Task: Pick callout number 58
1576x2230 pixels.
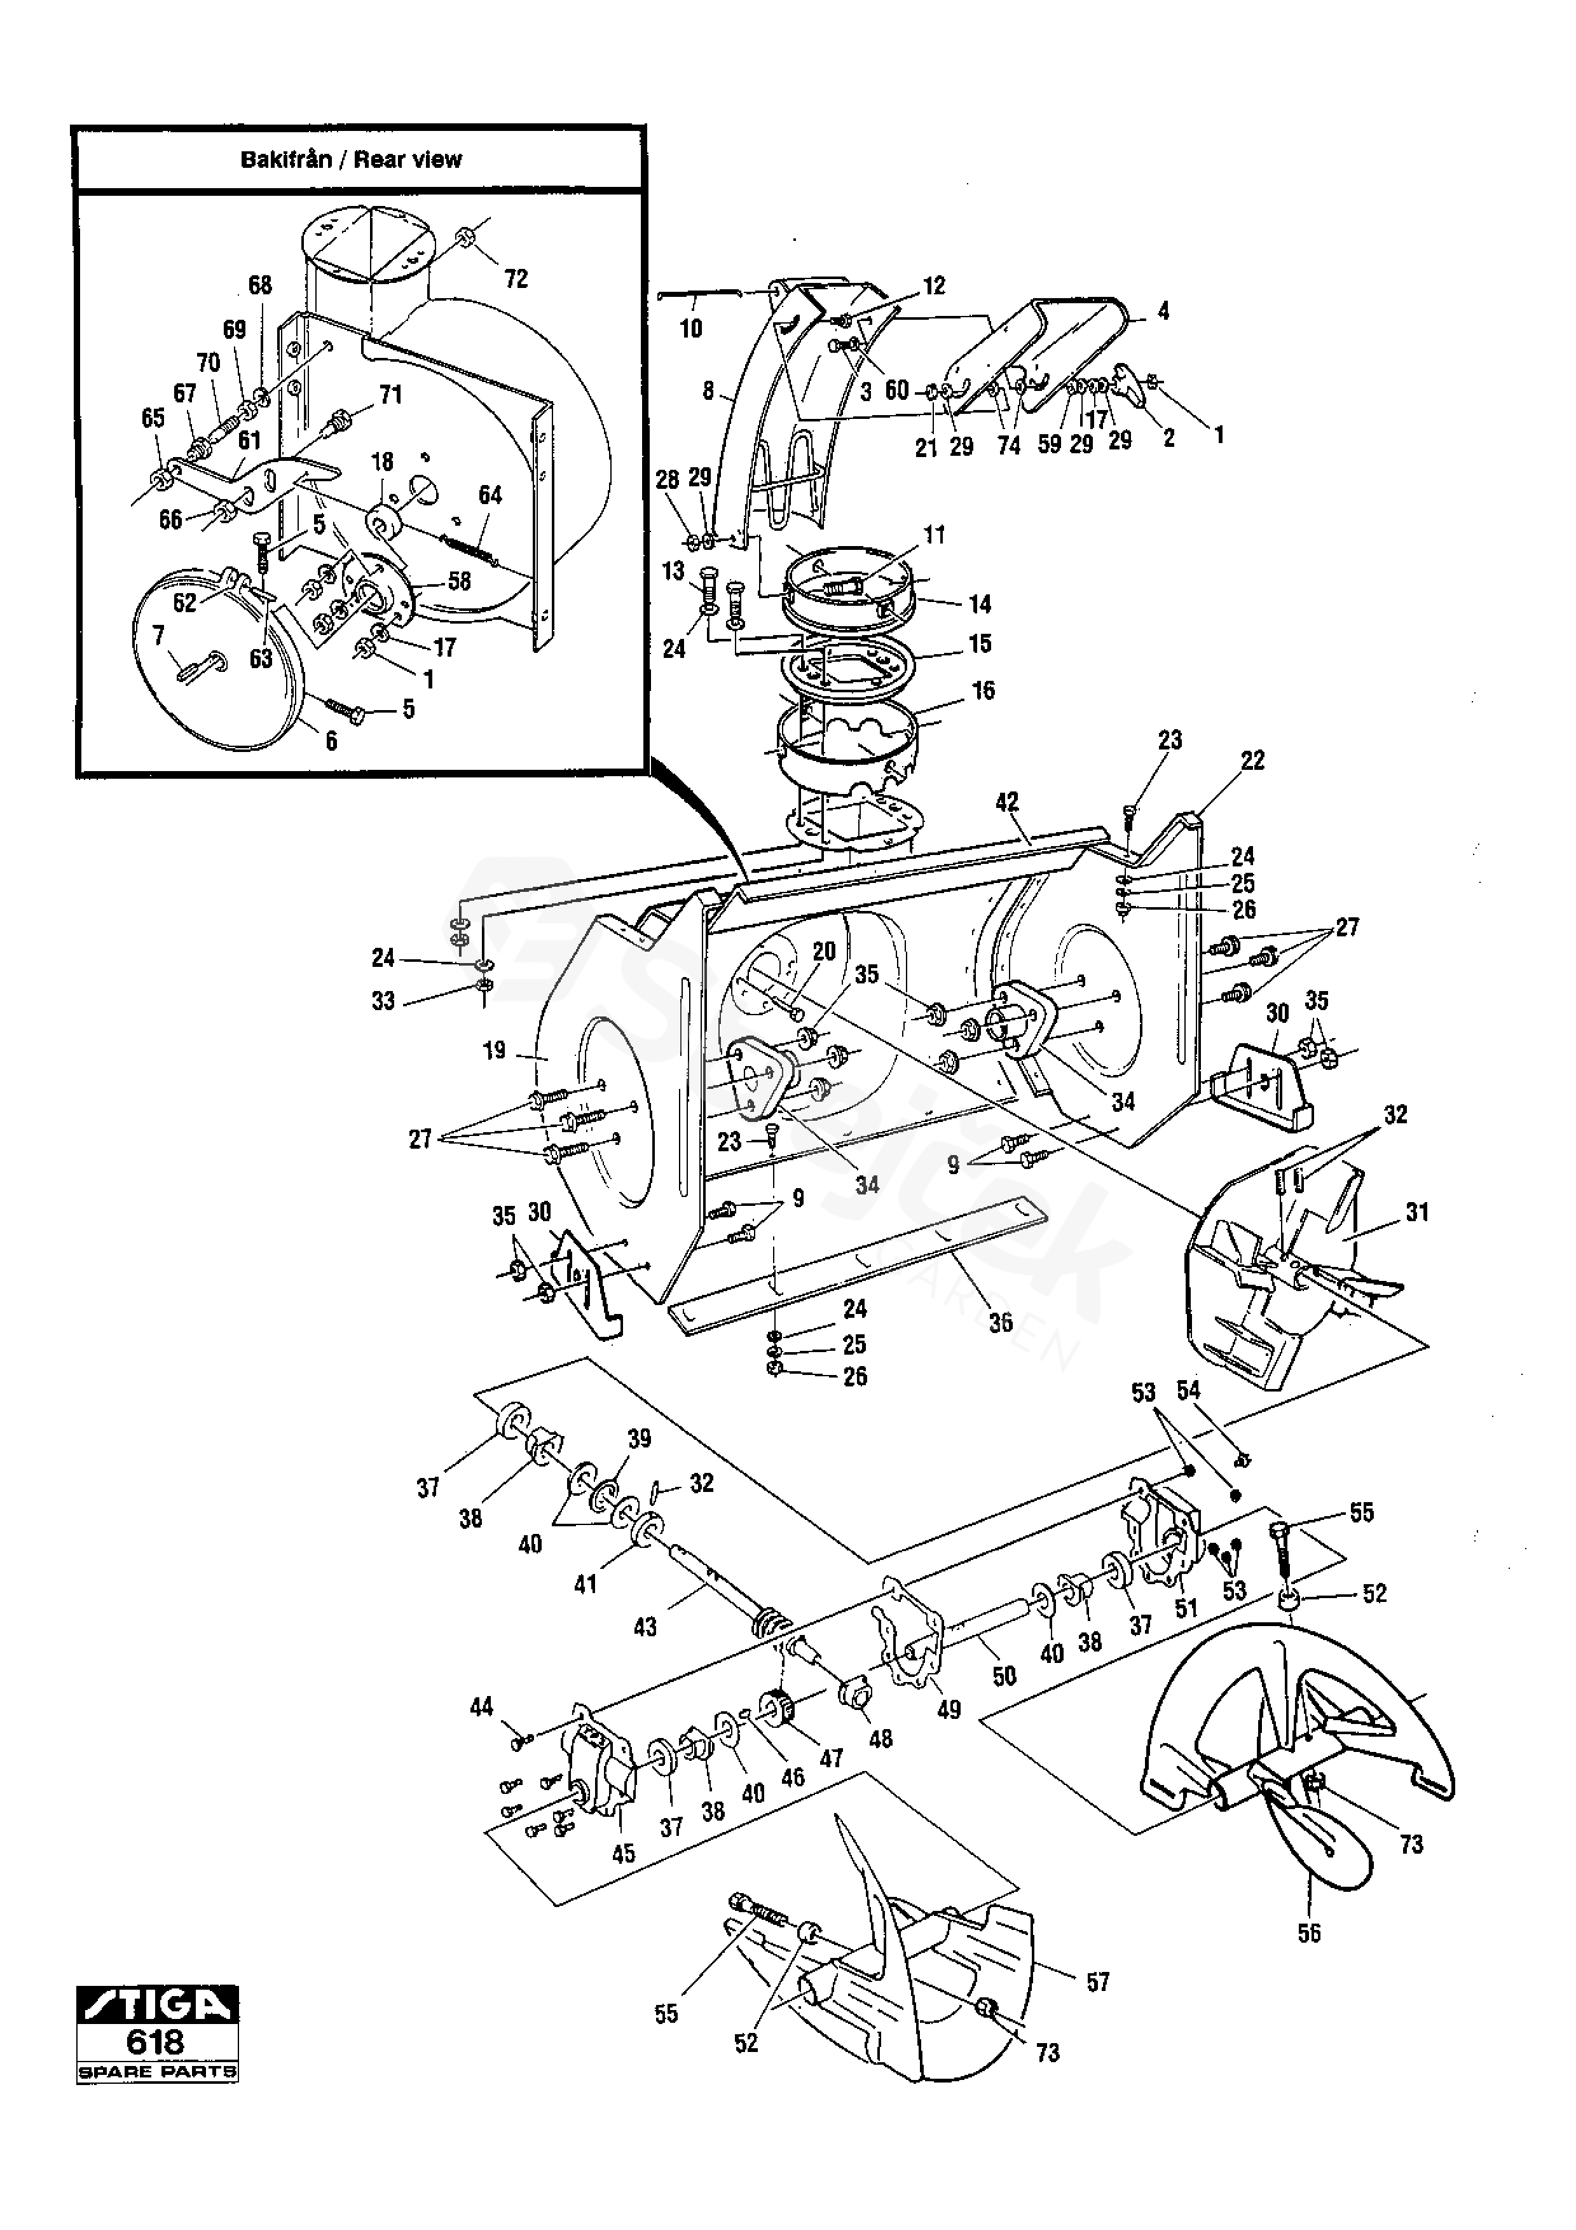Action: coord(458,581)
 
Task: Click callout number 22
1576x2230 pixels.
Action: coord(1252,760)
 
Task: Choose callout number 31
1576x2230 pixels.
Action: coord(1417,1212)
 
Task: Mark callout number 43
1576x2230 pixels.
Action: coord(645,1627)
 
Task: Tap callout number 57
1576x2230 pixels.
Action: coord(1097,1982)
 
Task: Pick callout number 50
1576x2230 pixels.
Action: coord(1004,1676)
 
